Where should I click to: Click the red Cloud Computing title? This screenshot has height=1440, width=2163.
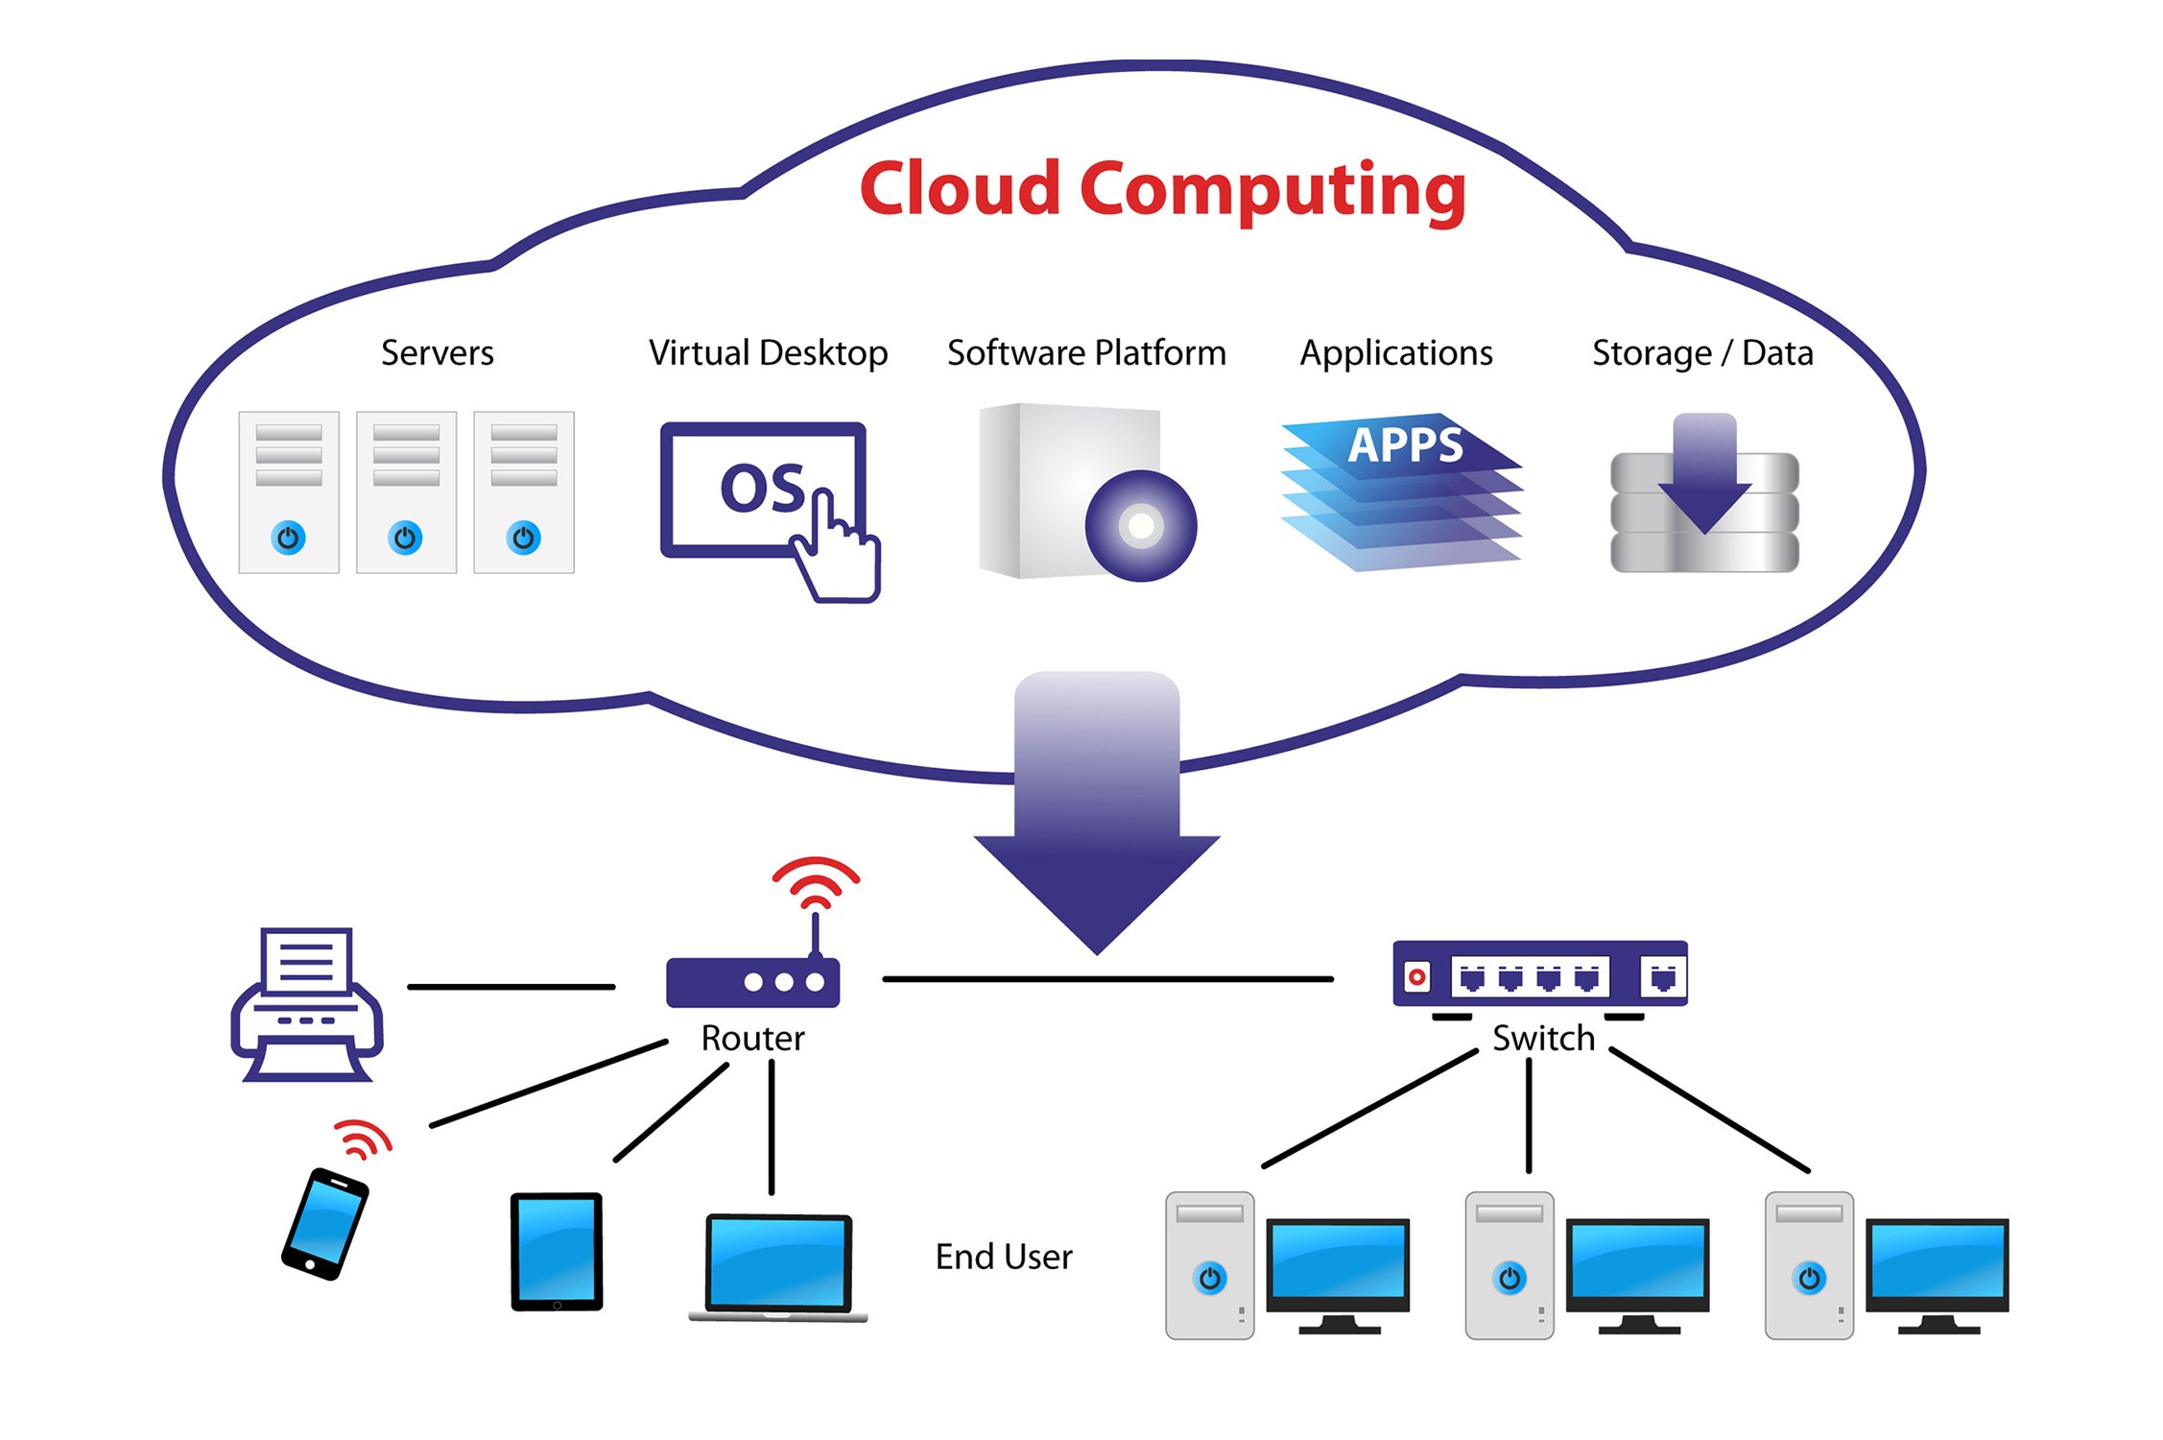click(x=1162, y=189)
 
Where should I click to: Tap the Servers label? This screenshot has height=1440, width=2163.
click(x=437, y=353)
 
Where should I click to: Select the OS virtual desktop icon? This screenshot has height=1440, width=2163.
click(x=764, y=491)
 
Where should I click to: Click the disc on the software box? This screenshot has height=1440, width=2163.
click(x=1140, y=525)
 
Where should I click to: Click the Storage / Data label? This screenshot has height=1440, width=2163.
click(x=1702, y=353)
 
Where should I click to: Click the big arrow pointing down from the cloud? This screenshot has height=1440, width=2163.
click(x=1097, y=816)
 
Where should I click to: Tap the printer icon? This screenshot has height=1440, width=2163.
click(x=306, y=1004)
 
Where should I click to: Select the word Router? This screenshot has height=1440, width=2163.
click(x=752, y=1039)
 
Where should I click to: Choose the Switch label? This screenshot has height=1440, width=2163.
click(x=1543, y=1039)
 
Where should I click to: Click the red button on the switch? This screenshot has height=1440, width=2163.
click(x=1416, y=977)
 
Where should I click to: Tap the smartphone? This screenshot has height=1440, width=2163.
click(x=324, y=1224)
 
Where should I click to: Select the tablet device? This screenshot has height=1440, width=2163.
click(x=557, y=1251)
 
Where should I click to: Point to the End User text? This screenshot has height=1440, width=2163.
click(x=1004, y=1257)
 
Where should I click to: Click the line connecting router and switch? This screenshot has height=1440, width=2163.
click(x=1107, y=979)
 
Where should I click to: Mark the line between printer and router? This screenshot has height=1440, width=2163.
click(x=511, y=986)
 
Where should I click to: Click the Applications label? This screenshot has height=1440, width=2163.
click(x=1396, y=353)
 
